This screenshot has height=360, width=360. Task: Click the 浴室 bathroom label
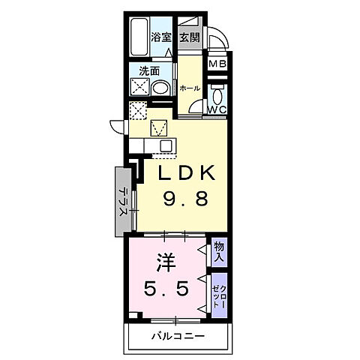tap(160, 37)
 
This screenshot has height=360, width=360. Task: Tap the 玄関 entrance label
tap(189, 37)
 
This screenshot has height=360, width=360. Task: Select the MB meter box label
tap(216, 64)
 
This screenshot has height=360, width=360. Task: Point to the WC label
tap(216, 110)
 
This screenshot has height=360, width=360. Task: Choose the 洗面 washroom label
tap(148, 71)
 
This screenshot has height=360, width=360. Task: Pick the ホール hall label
tap(189, 88)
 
